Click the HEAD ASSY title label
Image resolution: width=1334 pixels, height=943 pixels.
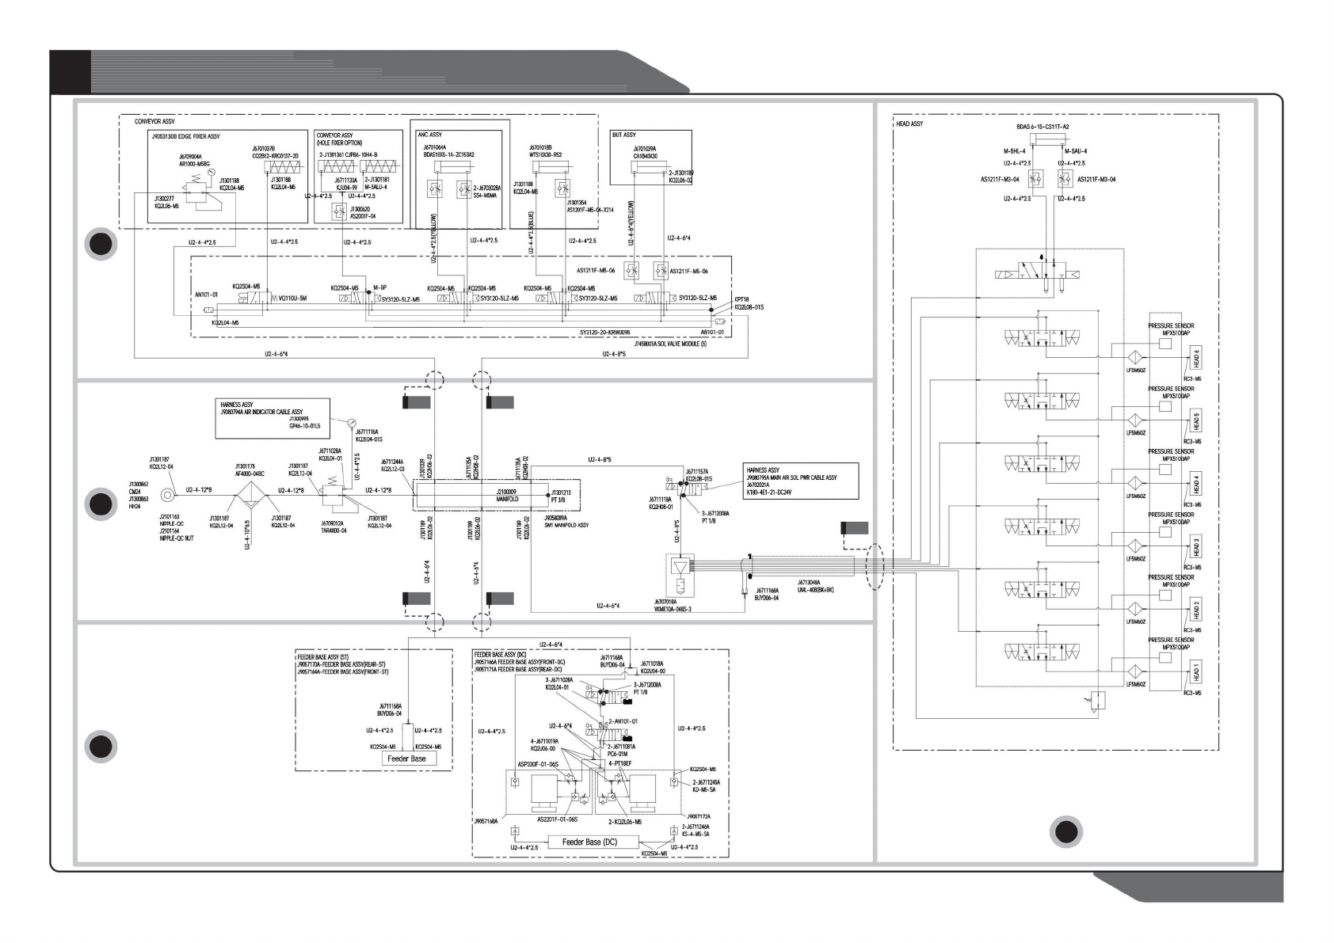tap(909, 124)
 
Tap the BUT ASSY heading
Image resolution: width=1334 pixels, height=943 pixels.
tap(624, 135)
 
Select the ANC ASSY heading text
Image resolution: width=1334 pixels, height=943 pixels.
tap(429, 135)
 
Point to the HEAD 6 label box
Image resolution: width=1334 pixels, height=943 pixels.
tap(1196, 358)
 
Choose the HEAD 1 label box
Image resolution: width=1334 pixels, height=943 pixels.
tap(1196, 673)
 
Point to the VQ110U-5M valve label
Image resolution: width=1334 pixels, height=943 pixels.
tap(292, 298)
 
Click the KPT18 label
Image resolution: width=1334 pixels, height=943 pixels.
tap(741, 300)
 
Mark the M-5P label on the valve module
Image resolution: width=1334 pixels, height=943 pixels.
tap(379, 287)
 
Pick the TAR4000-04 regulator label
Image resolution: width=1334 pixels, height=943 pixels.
tap(333, 530)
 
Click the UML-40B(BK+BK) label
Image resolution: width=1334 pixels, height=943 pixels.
tap(815, 590)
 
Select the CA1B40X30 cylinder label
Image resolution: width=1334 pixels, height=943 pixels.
tap(645, 156)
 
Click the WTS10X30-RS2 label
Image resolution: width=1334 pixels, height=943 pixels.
tap(546, 156)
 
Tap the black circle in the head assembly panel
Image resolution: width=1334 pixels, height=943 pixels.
tap(1066, 831)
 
